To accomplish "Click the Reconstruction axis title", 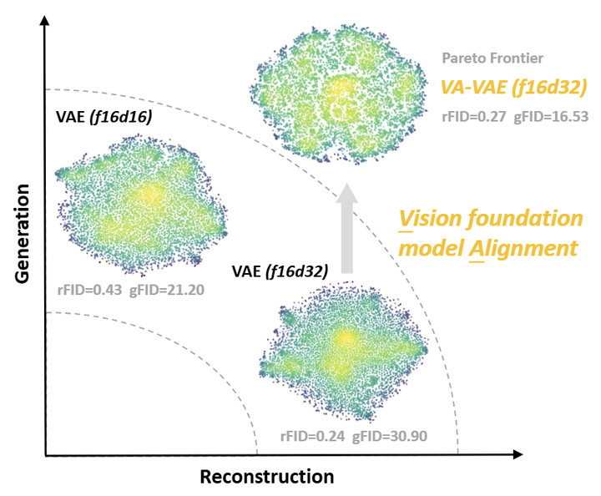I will [x=266, y=477].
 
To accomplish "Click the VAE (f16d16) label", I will [x=104, y=119].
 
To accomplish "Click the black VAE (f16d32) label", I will [x=280, y=271].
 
